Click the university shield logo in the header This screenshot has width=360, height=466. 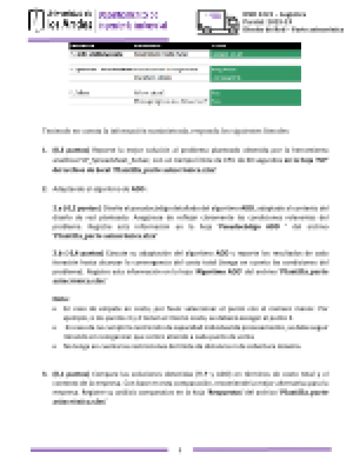tap(36, 20)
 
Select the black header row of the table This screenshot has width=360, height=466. tap(185, 46)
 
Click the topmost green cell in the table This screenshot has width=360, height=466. tap(255, 54)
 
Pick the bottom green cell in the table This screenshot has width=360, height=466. tap(255, 101)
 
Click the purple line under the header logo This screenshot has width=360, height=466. tap(99, 40)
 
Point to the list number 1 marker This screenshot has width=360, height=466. tap(44, 150)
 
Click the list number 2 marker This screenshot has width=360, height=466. tap(44, 189)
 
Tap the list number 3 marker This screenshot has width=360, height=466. tap(44, 374)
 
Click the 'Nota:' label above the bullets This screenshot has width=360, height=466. tap(61, 299)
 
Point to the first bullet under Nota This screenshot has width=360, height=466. tap(54, 309)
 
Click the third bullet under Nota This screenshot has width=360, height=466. tap(54, 346)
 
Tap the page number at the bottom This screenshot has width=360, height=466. tap(180, 450)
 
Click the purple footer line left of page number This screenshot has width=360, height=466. tap(99, 450)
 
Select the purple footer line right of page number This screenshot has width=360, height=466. tap(262, 449)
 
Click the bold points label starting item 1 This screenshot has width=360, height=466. tap(71, 150)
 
